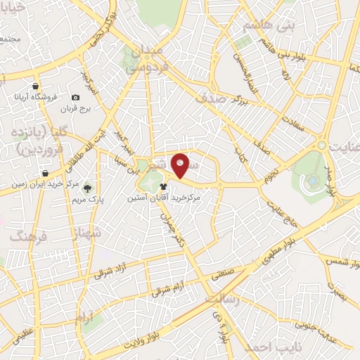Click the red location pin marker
click(x=181, y=165)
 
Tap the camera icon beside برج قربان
click(x=75, y=98)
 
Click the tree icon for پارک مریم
click(x=87, y=188)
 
